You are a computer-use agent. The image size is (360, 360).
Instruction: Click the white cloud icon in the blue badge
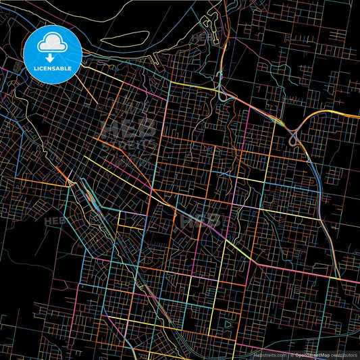52,42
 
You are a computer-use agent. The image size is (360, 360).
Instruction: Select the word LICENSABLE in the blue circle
53,68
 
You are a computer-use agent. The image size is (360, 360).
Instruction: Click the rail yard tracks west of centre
90,196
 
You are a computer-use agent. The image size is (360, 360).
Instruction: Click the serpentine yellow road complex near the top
209,27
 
